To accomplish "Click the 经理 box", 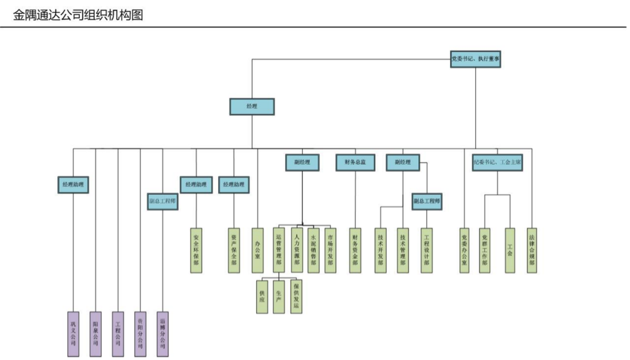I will coord(252,106).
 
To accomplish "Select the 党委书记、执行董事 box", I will coord(476,60).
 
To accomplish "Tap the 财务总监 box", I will coord(355,163).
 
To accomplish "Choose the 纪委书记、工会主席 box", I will coord(497,163).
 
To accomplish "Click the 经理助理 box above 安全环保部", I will coord(196,185).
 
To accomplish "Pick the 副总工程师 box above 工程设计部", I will coord(426,202).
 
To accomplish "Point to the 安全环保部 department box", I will coord(196,250).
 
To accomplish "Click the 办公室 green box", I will coord(257,250).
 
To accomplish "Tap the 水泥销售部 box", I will coord(313,250).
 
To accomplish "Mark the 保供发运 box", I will coord(296,297).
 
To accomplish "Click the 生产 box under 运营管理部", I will coord(279,297).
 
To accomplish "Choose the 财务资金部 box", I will coord(355,250).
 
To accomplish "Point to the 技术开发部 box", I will coord(381,250).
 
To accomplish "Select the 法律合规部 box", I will coord(531,250).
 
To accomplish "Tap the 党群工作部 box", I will coord(485,250).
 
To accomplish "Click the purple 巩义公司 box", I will coord(73,334).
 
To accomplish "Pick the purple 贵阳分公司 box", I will coord(140,334).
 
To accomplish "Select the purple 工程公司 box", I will coord(118,334).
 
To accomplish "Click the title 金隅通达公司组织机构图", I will coord(77,13).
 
